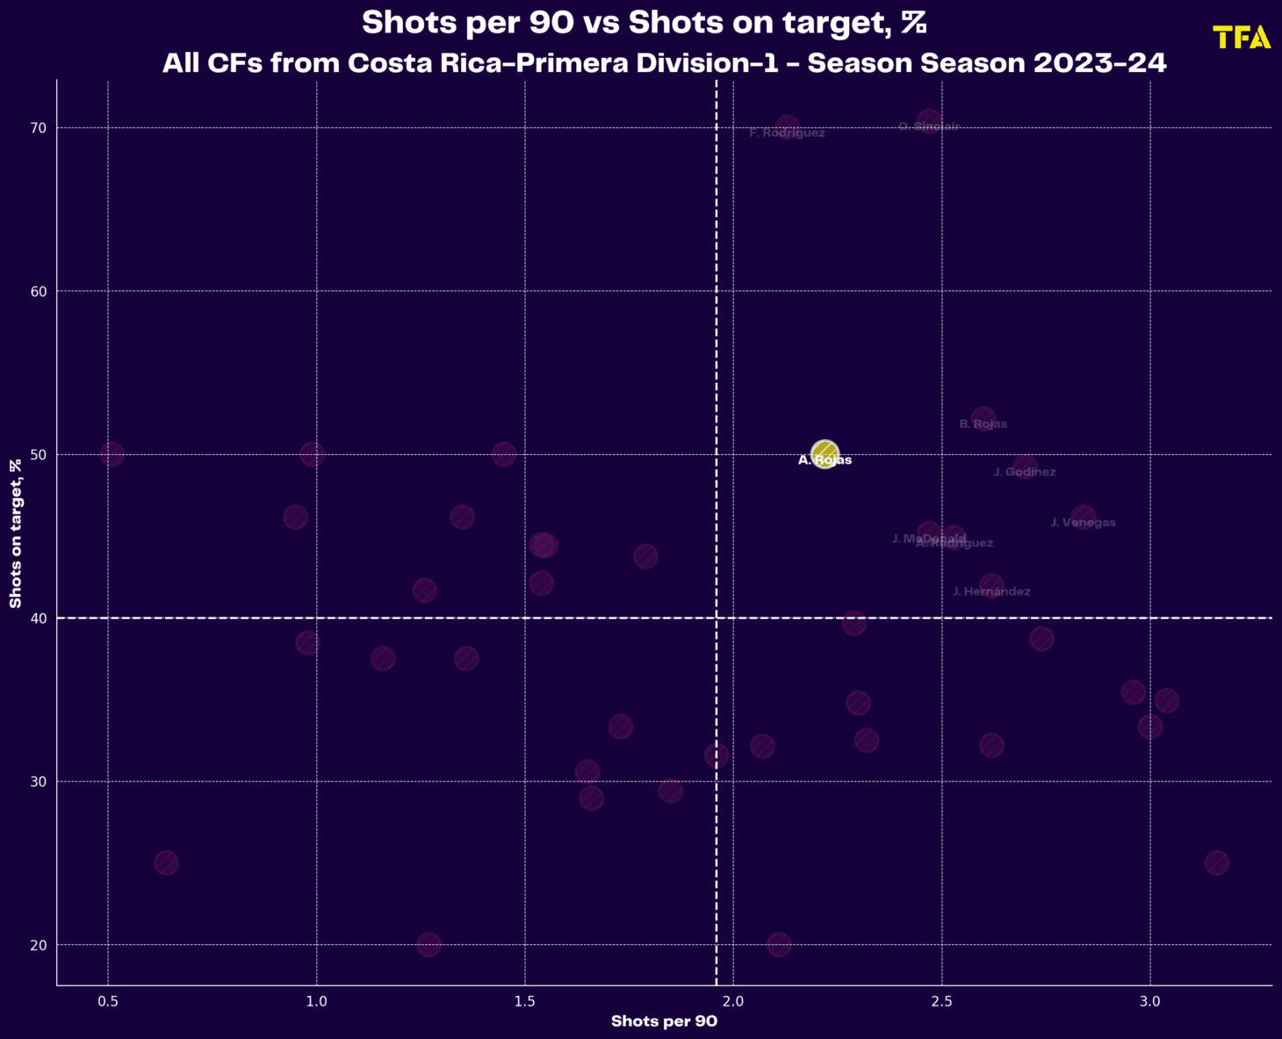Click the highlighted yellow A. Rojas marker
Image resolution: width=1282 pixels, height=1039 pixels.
point(825,454)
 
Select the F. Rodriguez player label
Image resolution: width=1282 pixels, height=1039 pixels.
point(787,133)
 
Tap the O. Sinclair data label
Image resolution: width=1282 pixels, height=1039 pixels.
point(929,126)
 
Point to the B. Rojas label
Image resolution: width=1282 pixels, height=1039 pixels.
point(983,424)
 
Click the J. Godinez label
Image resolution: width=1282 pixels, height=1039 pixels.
point(1025,473)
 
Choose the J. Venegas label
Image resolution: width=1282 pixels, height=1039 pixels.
point(1083,523)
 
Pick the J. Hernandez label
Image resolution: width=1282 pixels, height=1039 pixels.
point(991,592)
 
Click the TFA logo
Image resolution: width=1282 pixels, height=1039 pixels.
point(1242,37)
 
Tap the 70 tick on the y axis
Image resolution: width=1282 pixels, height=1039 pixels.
point(38,128)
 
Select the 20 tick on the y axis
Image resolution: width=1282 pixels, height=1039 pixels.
point(38,945)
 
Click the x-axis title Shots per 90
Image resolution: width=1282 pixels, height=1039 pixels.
point(664,1021)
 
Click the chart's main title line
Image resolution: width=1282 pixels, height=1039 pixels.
point(644,23)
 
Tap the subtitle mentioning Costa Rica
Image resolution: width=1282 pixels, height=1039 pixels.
point(664,63)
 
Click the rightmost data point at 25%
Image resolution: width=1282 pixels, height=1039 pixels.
point(1216,862)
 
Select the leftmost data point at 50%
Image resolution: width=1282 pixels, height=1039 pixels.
point(112,454)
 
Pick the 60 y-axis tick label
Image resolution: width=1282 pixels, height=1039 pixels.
point(38,292)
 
